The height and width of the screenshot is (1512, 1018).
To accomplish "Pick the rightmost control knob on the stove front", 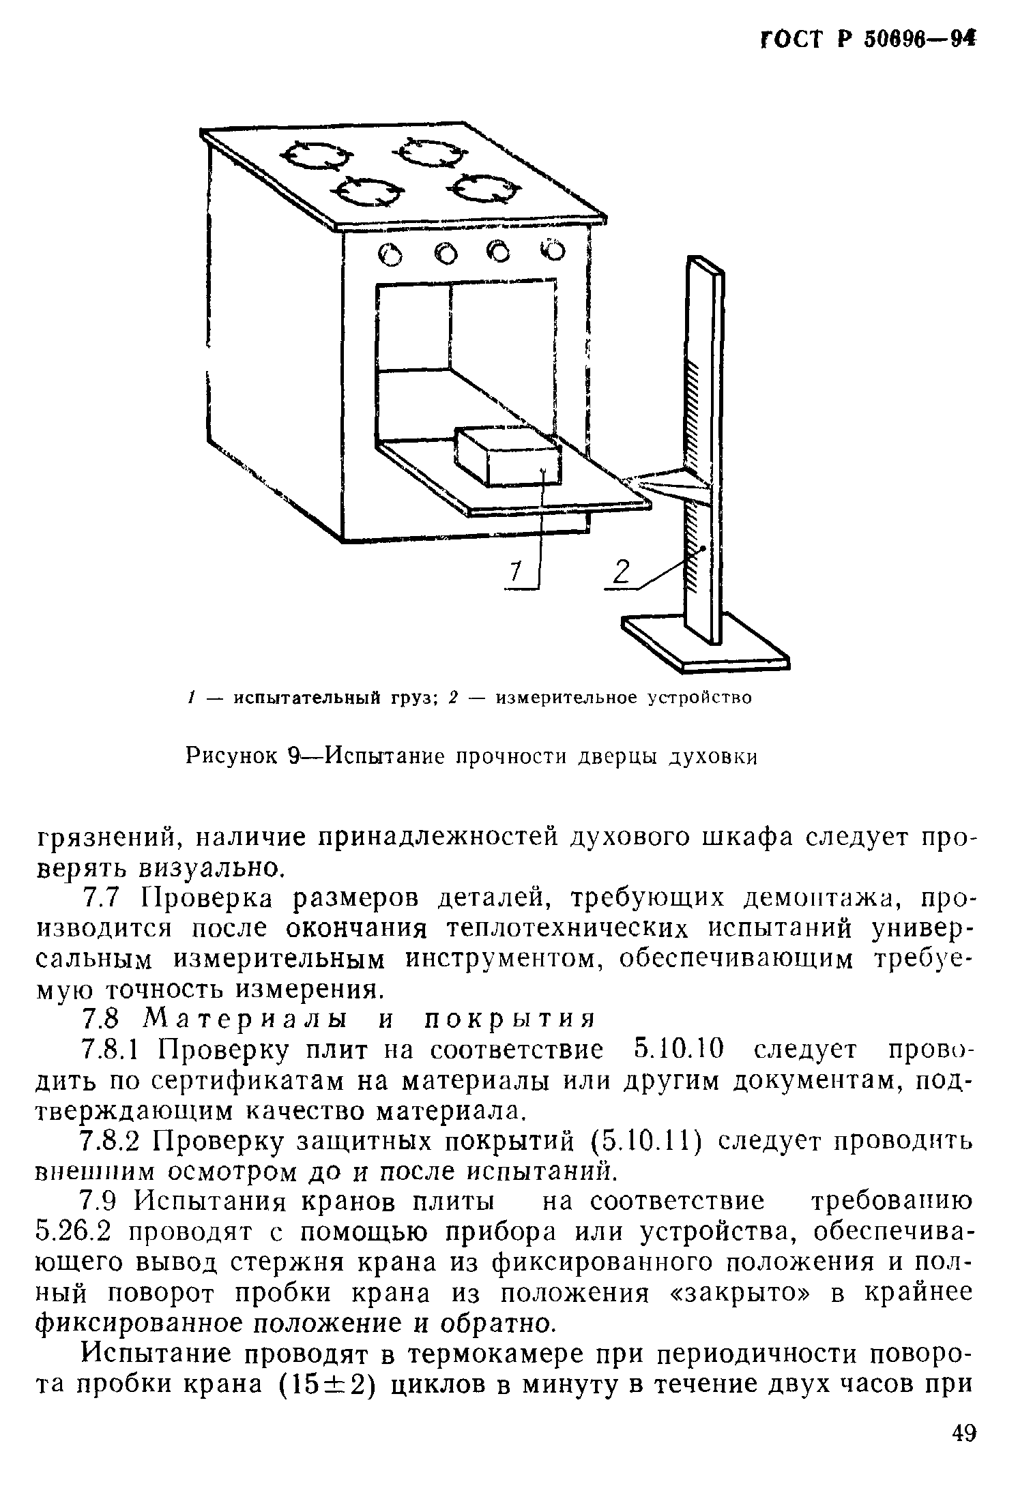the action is pos(554,251).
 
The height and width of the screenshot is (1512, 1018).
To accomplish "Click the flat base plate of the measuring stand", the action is pos(703,641).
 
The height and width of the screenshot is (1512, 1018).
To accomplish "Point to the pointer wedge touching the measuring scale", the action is pos(665,483).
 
